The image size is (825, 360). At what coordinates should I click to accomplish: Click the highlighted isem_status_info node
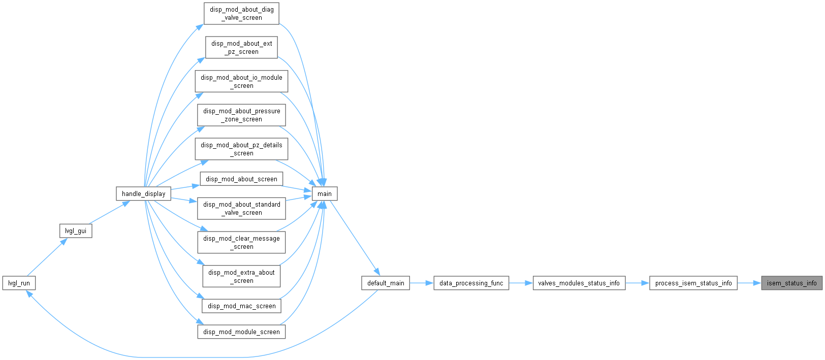(x=791, y=283)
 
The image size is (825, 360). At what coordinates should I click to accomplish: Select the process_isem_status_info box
(x=693, y=283)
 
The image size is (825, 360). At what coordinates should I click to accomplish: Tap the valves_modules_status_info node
(x=579, y=283)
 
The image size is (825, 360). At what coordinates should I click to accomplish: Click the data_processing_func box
(x=471, y=283)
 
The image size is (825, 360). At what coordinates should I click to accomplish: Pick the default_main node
(x=385, y=283)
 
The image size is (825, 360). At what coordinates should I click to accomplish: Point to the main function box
(x=325, y=193)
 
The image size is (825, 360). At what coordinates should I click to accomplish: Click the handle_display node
(x=144, y=193)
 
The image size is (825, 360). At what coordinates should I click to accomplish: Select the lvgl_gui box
(x=76, y=231)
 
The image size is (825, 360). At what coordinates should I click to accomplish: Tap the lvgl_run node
(x=19, y=283)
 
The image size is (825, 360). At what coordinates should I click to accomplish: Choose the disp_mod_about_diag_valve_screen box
(x=241, y=14)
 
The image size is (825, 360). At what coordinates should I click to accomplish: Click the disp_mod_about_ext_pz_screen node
(x=241, y=48)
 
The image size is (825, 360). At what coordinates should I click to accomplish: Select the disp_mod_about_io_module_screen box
(x=241, y=81)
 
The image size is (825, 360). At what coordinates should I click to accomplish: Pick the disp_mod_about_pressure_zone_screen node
(x=241, y=115)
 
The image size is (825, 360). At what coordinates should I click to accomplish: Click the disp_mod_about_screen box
(x=241, y=179)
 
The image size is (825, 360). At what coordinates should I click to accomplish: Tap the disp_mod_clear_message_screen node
(x=241, y=242)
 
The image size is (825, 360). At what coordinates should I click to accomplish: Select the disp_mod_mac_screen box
(x=241, y=306)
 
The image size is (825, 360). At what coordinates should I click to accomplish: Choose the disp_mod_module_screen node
(x=241, y=332)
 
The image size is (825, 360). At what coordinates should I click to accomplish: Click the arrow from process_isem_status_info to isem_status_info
(x=749, y=283)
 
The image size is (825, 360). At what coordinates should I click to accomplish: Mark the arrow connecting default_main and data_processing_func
(x=421, y=283)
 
